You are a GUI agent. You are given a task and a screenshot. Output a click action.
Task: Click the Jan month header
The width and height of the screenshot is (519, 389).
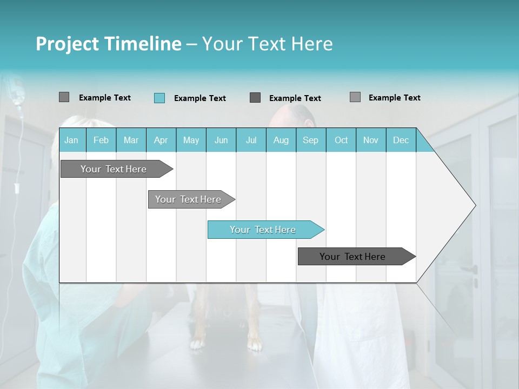[71, 140]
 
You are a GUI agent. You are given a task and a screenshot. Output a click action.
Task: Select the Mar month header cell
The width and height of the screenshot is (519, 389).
[131, 140]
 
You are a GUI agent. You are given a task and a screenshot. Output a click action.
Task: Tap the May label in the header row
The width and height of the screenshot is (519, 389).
[191, 140]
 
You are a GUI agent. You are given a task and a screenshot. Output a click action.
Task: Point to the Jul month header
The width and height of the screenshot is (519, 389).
[251, 140]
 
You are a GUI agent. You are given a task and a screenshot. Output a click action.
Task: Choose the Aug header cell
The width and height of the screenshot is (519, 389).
[281, 140]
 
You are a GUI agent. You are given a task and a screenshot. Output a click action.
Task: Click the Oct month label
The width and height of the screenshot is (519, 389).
[341, 140]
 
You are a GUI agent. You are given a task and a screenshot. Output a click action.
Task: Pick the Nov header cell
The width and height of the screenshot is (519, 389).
[371, 140]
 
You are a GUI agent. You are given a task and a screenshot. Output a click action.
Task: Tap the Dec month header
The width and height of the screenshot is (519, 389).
[401, 140]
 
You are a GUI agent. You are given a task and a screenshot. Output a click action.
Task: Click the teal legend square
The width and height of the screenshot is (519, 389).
[159, 98]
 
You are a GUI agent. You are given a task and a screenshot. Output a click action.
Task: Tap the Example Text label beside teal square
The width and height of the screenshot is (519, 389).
[199, 98]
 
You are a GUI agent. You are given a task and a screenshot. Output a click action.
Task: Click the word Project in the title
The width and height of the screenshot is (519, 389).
[66, 44]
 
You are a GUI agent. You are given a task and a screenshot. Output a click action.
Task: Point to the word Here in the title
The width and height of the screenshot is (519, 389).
[312, 44]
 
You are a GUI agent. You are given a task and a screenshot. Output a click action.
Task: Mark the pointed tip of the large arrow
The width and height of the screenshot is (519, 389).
[475, 205]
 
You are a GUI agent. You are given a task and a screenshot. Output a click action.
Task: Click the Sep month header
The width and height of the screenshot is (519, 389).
[310, 140]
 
